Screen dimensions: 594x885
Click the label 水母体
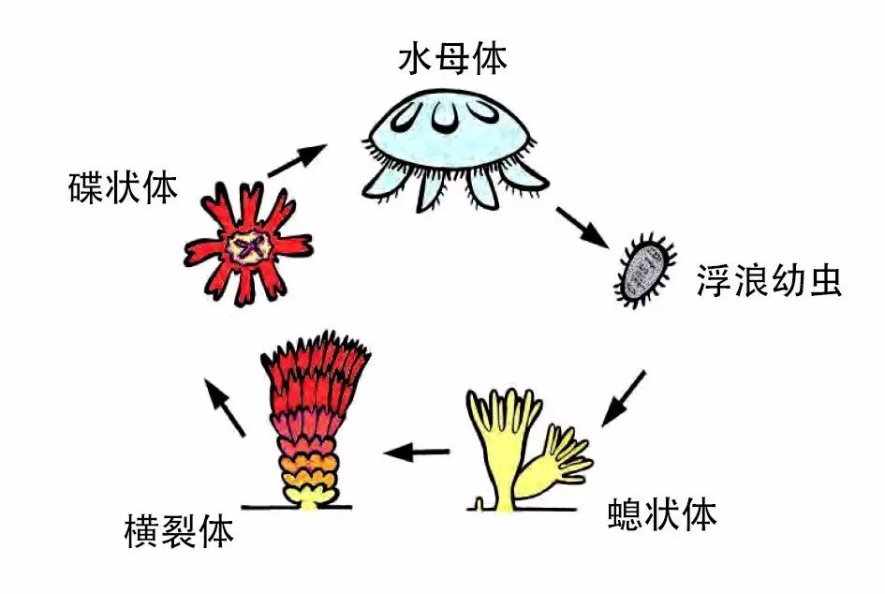click(452, 59)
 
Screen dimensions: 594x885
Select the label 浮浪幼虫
click(770, 280)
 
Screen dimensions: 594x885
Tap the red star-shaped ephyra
click(248, 245)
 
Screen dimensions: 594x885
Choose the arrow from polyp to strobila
click(418, 453)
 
